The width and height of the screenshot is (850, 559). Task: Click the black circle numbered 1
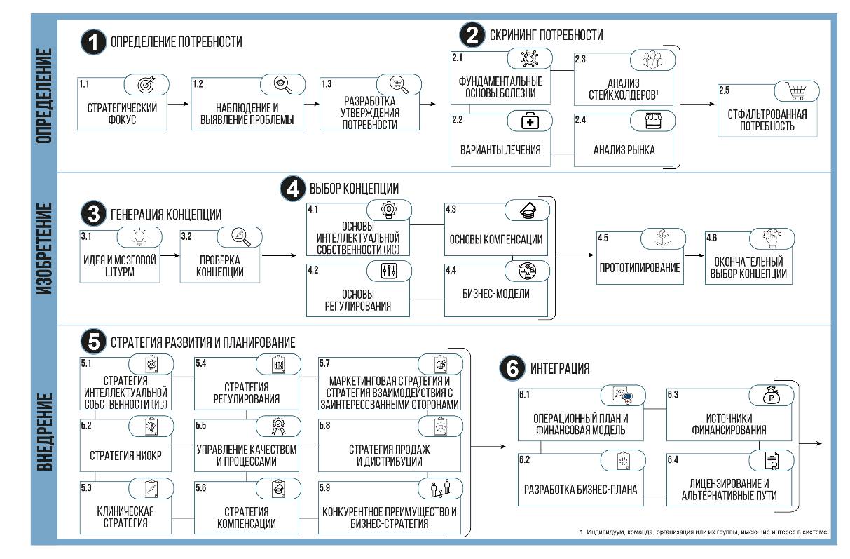point(94,42)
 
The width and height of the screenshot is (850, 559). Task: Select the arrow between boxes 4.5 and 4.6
point(694,257)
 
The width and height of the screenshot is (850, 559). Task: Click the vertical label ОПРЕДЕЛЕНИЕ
point(44,96)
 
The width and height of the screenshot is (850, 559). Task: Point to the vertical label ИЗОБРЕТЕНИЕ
point(44,248)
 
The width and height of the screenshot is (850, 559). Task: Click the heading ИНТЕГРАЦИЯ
point(559,368)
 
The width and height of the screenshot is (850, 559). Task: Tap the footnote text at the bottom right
point(704,532)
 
